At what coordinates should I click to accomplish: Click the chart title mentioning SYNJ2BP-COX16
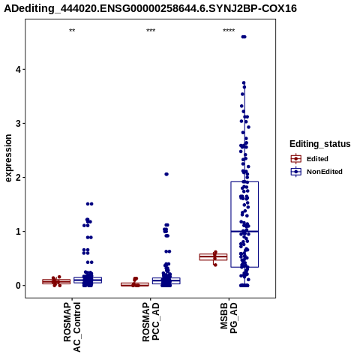coord(151,9)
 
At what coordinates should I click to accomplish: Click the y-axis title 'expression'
coord(8,158)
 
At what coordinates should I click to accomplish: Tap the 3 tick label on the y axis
coord(18,123)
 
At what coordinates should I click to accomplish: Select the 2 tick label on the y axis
coord(18,177)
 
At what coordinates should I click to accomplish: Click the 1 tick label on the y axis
coord(18,231)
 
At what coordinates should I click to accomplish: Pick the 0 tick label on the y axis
coord(18,285)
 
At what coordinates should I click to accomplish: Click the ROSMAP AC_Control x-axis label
coord(72,327)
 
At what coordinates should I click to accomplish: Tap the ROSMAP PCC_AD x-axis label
coord(151,322)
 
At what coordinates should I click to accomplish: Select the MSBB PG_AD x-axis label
coord(229,318)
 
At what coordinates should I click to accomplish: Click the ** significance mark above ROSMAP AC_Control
coord(72,31)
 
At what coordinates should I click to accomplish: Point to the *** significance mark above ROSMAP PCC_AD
coord(151,31)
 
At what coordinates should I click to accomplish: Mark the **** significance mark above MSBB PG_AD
coord(229,31)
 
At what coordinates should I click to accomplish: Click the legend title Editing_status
coord(320,144)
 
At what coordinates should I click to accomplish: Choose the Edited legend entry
coord(309,159)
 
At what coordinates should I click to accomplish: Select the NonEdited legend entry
coord(316,172)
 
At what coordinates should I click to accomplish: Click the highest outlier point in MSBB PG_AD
coord(244,37)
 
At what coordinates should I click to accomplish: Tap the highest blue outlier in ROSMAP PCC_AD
coord(166,174)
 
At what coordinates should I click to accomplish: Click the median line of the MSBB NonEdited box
coord(244,232)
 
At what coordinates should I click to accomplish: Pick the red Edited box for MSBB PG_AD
coord(213,257)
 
